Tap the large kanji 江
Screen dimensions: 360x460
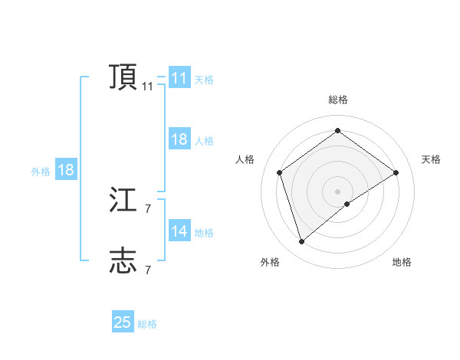pyautogui.click(x=123, y=201)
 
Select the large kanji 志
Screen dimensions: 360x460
pyautogui.click(x=123, y=261)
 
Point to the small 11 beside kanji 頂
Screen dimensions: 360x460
pyautogui.click(x=147, y=87)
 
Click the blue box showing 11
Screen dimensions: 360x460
pyautogui.click(x=179, y=78)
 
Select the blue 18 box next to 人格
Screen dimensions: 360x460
pyautogui.click(x=179, y=139)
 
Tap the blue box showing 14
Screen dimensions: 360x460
pyautogui.click(x=179, y=231)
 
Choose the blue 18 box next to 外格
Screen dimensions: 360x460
pyautogui.click(x=66, y=170)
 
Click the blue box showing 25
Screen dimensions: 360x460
pyautogui.click(x=123, y=322)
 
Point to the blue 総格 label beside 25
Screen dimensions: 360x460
pyautogui.click(x=147, y=324)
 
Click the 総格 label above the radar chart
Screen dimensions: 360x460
pyautogui.click(x=337, y=100)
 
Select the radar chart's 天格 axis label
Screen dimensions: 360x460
pyautogui.click(x=431, y=159)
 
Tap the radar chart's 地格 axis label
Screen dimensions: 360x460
pyautogui.click(x=402, y=262)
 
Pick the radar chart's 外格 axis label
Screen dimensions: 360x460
pyautogui.click(x=270, y=262)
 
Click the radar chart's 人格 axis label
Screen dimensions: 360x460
pyautogui.click(x=245, y=159)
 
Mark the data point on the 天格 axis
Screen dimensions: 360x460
pyautogui.click(x=396, y=172)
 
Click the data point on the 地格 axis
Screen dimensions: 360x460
pyautogui.click(x=347, y=204)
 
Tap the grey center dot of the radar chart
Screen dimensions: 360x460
pyautogui.click(x=337, y=191)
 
